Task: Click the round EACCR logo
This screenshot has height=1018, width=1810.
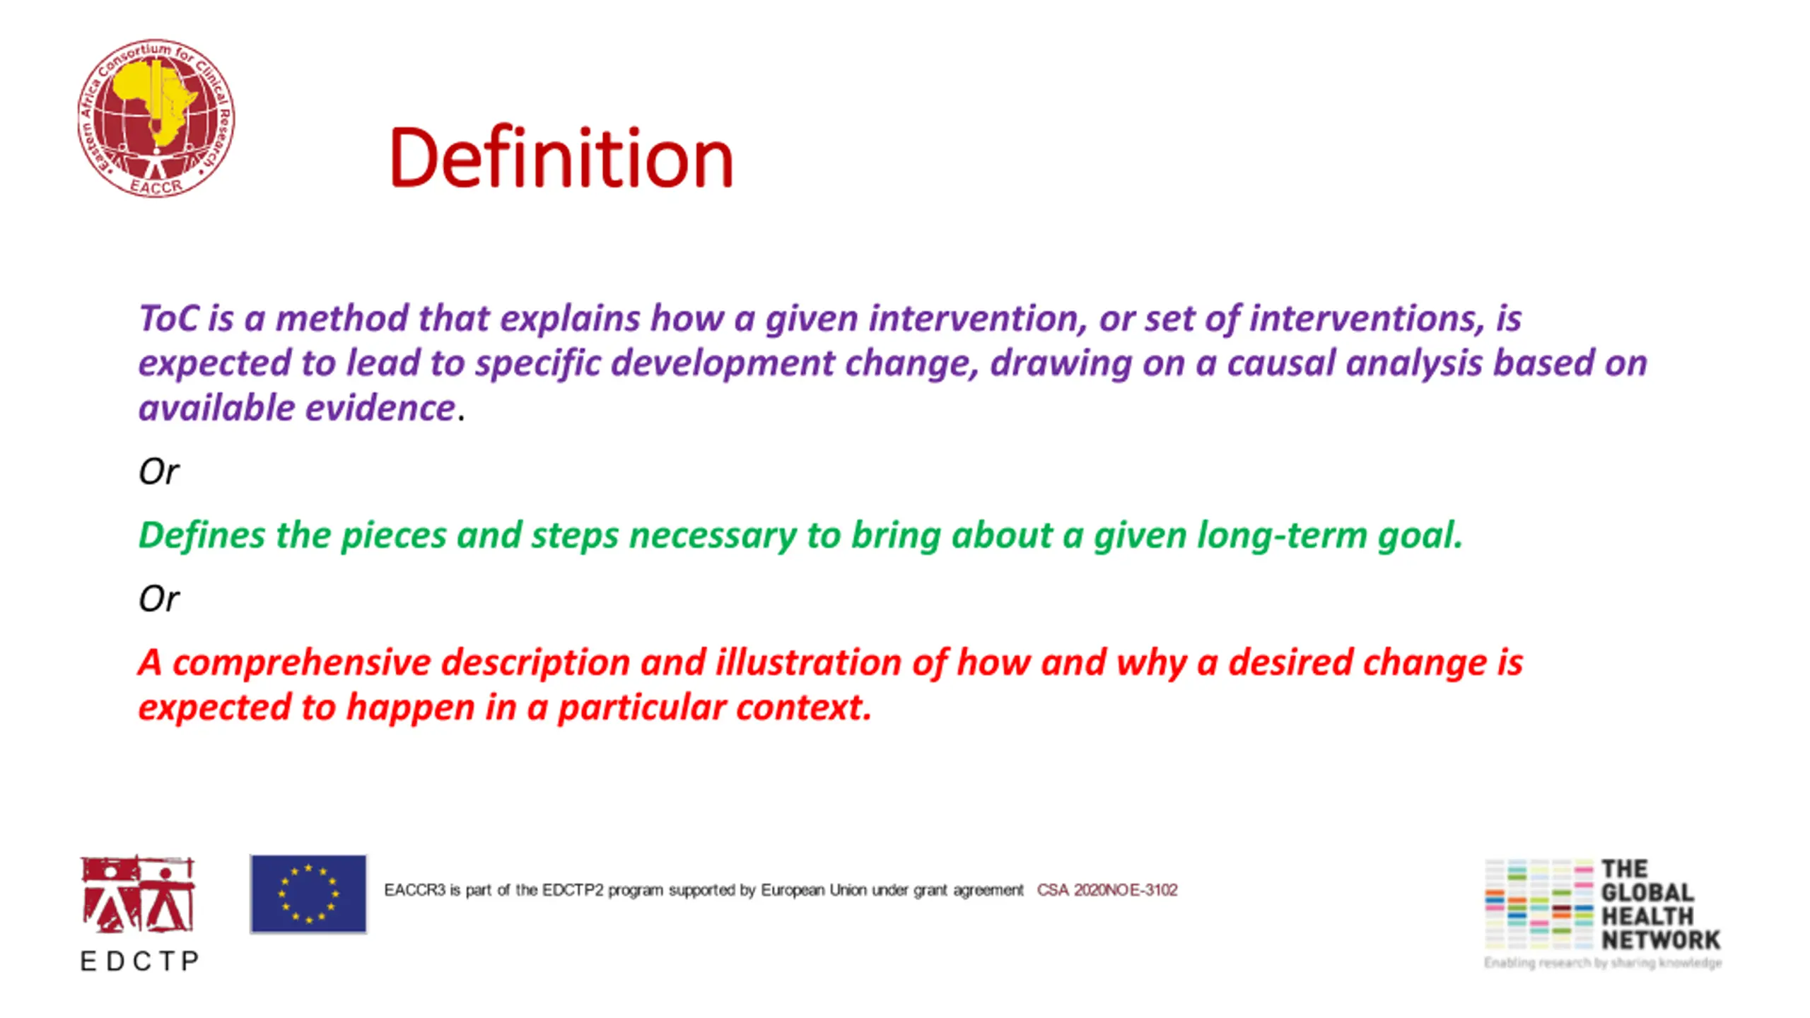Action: [x=156, y=118]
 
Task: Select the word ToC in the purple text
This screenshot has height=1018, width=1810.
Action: [x=168, y=318]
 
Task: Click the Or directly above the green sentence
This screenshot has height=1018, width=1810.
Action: [x=159, y=472]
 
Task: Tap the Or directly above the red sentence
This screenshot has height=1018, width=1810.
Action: [x=159, y=599]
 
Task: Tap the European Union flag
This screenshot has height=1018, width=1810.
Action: [x=308, y=894]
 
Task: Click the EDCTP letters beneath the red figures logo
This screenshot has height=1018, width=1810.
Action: [x=140, y=961]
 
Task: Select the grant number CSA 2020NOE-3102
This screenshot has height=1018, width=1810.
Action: [x=1107, y=890]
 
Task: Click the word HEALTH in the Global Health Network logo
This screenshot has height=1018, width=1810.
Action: [x=1647, y=916]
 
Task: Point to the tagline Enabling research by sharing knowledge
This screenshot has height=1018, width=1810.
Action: [x=1603, y=963]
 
